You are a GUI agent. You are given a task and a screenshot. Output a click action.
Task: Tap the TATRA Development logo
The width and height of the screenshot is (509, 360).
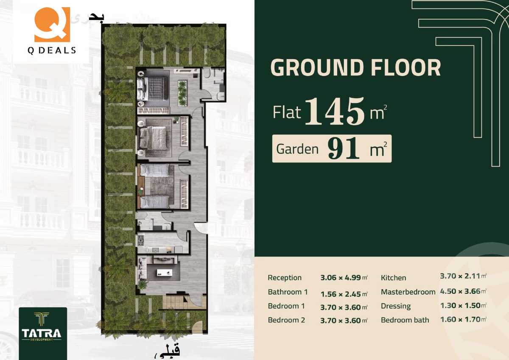43,327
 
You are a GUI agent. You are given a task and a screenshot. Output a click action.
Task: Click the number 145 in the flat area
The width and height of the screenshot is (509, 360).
335,111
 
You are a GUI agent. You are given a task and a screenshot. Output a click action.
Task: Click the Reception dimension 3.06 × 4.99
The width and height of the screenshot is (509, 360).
341,278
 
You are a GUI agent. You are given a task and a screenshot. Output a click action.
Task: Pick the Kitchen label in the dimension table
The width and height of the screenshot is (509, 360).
393,278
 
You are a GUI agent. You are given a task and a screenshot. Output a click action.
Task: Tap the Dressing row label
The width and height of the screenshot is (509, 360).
395,306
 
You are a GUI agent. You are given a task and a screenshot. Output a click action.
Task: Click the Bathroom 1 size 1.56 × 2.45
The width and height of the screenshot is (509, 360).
341,292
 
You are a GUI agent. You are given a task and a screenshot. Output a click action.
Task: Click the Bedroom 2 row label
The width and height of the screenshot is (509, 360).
286,320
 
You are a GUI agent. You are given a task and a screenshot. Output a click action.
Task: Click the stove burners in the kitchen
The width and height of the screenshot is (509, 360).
141,241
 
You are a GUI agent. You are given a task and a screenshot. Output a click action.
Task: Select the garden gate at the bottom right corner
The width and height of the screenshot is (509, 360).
197,327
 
